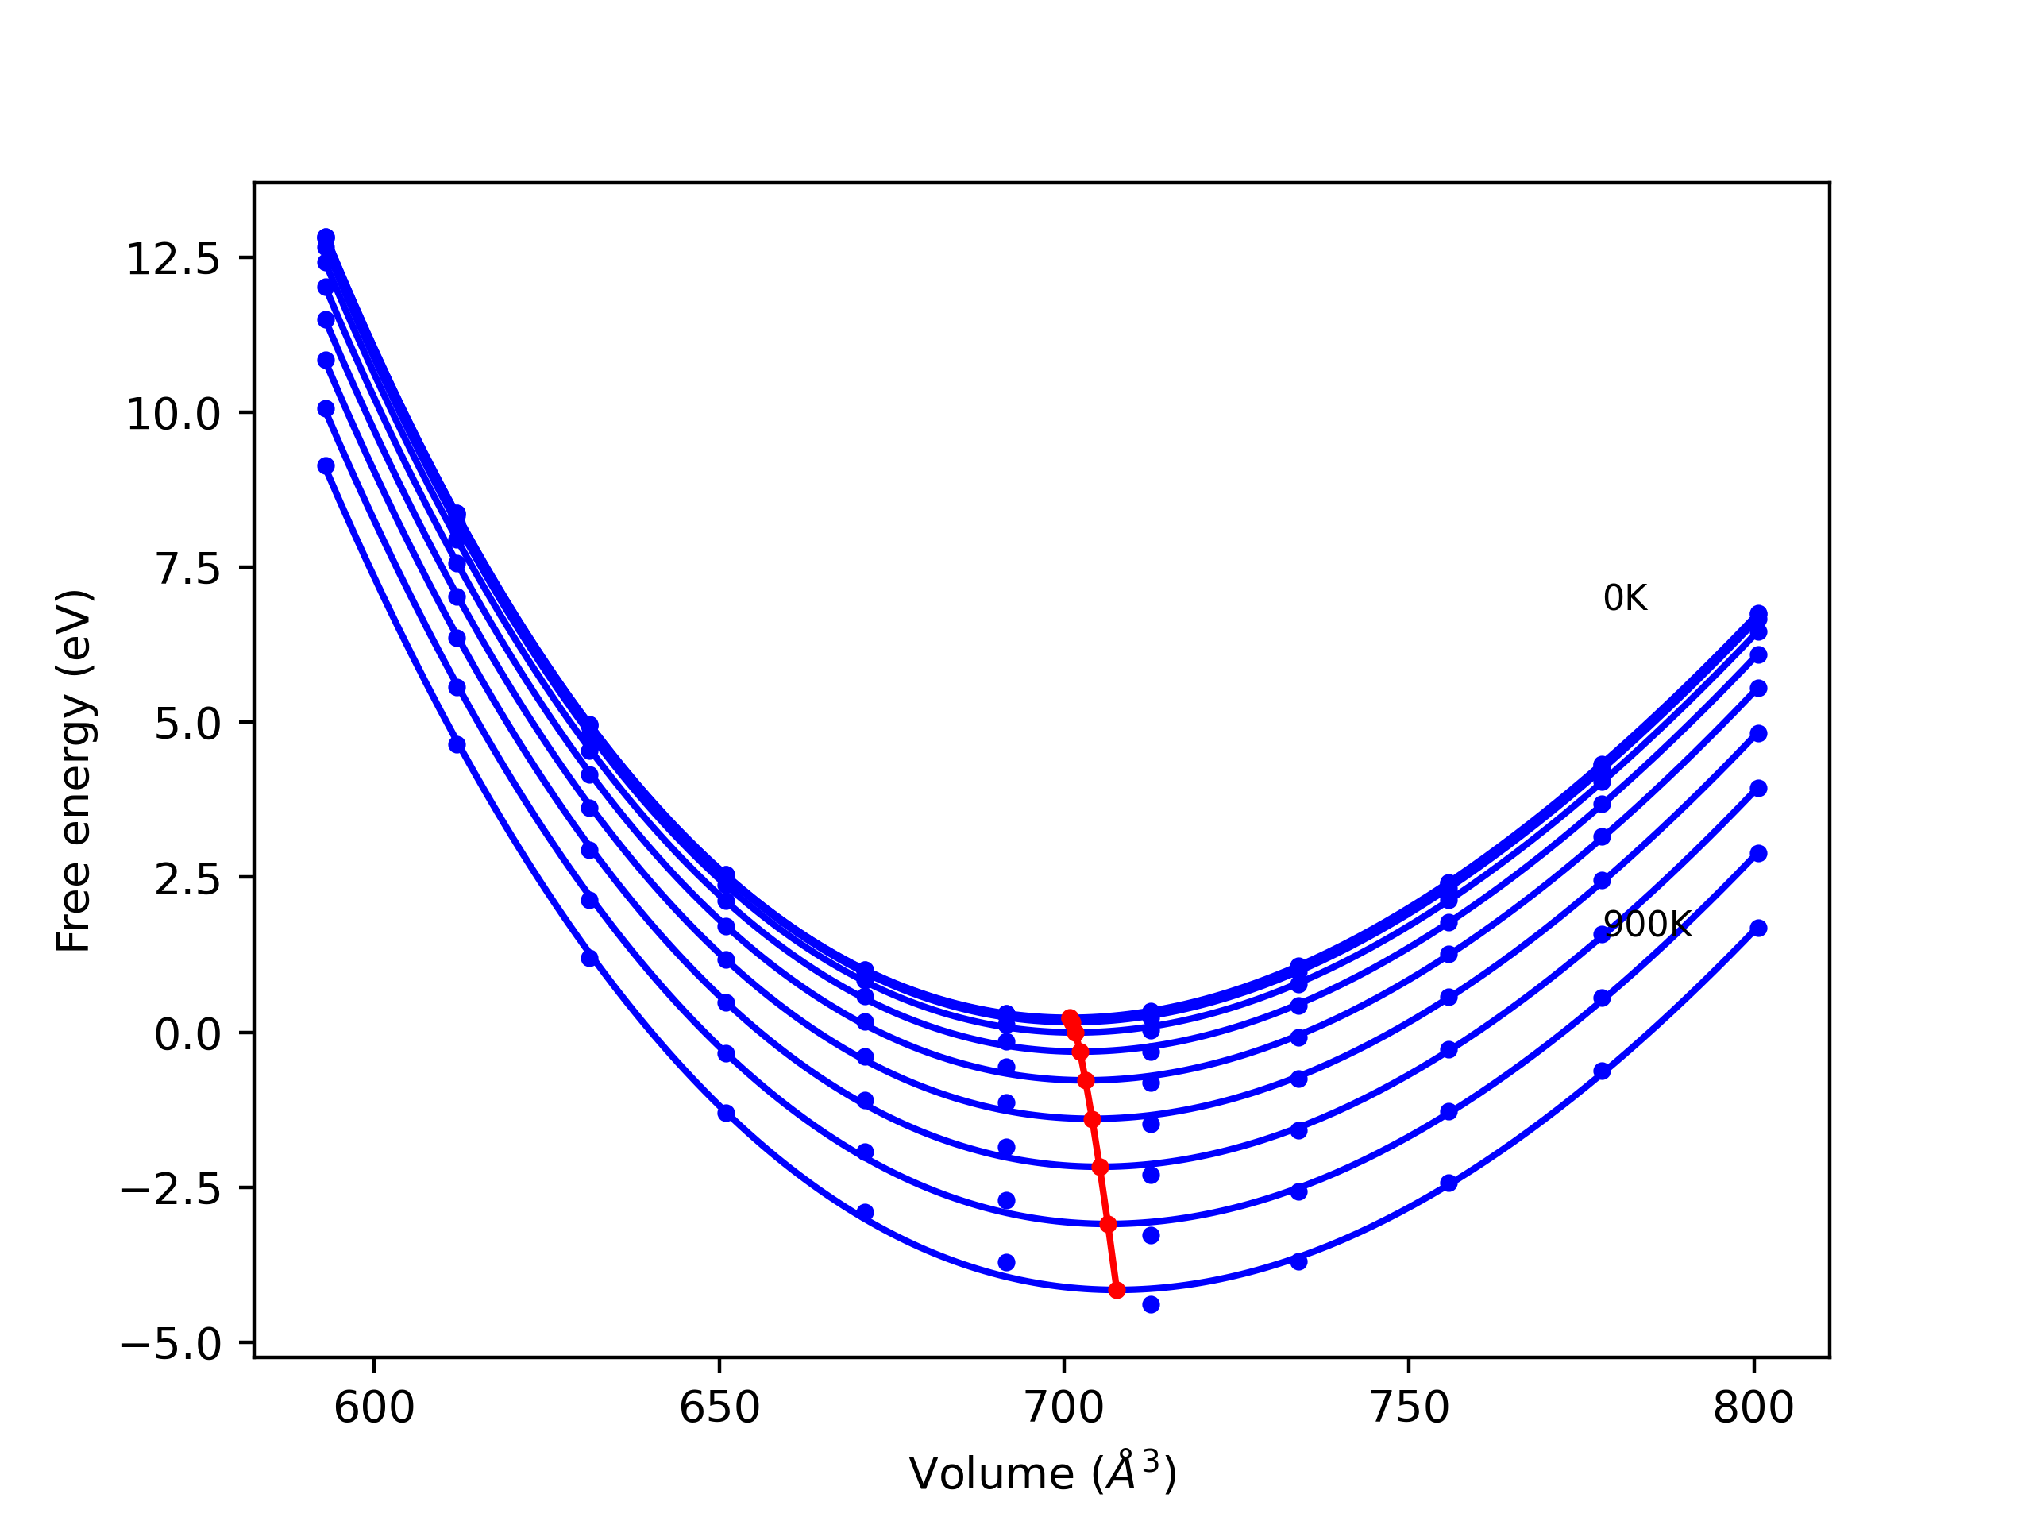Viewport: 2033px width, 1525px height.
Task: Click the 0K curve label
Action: point(1625,598)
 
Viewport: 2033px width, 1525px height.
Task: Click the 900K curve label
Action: point(1647,925)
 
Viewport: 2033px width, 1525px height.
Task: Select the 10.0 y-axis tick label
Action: point(173,415)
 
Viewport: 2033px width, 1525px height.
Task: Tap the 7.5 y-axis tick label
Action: point(187,570)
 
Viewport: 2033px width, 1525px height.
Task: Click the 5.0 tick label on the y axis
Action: point(187,724)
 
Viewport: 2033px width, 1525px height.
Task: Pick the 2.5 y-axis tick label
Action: point(187,880)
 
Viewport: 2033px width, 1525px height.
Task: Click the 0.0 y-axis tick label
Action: point(187,1035)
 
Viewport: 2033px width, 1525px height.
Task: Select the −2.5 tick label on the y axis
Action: point(171,1191)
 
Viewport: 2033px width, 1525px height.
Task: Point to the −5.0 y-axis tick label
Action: point(171,1345)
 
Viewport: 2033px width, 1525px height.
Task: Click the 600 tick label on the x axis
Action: point(374,1408)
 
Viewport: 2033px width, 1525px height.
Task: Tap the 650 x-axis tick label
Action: point(719,1408)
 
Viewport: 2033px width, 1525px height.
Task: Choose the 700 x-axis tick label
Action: point(1064,1408)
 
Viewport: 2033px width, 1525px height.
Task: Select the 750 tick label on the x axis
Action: point(1409,1408)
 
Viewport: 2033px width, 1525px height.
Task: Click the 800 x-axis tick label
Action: point(1753,1408)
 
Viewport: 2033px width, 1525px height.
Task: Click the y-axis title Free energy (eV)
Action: point(74,771)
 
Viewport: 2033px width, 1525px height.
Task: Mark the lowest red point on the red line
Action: point(1117,1291)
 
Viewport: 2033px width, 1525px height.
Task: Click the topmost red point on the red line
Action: point(1070,1017)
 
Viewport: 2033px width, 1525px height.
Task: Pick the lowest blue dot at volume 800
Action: point(1758,929)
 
